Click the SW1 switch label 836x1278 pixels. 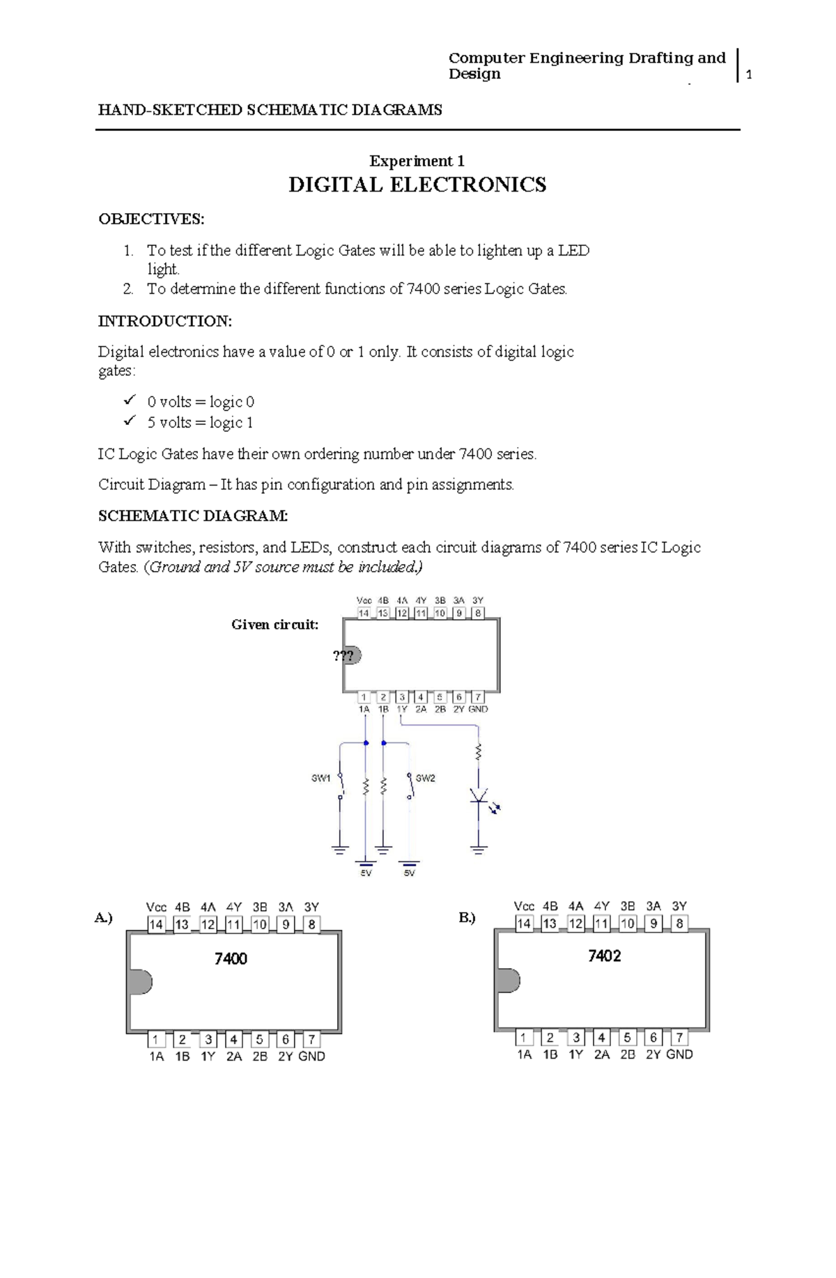point(320,778)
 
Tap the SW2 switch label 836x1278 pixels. point(425,778)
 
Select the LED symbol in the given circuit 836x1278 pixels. point(479,797)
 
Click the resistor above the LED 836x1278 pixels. point(479,752)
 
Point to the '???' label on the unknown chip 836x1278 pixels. point(343,655)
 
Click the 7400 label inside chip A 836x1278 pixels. point(231,959)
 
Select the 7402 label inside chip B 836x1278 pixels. point(604,956)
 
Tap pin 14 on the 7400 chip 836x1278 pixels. point(156,925)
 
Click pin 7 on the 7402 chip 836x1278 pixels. point(679,1038)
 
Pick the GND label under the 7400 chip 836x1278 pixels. point(311,1057)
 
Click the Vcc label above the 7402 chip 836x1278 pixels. point(524,906)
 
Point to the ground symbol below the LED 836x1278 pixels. point(479,849)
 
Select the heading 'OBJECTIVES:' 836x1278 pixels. point(151,219)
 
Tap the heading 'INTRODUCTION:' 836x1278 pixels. point(164,321)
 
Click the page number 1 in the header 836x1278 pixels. point(749,75)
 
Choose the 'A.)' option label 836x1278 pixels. point(103,918)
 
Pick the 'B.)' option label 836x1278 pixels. point(467,918)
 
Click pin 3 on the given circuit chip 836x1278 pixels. point(402,696)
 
